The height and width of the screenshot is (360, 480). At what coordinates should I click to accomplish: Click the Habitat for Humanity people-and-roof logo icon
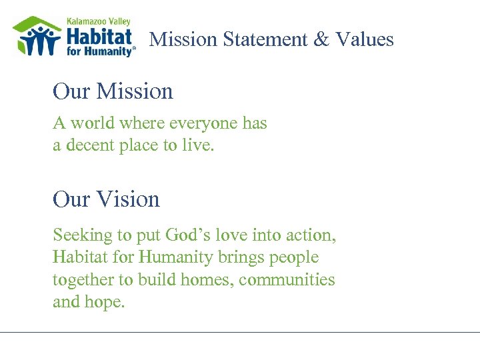click(x=37, y=36)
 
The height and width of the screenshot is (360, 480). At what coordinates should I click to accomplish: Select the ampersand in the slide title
click(x=321, y=39)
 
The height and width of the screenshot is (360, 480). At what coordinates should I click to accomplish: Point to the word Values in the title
click(x=365, y=39)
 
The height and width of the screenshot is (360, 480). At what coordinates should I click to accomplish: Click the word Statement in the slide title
click(x=265, y=39)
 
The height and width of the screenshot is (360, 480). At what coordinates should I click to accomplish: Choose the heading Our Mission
click(x=113, y=91)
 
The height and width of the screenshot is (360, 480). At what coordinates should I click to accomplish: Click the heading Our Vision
click(x=106, y=199)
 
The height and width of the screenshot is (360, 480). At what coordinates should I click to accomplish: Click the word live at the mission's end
click(x=198, y=145)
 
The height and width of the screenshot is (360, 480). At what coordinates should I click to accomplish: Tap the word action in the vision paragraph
click(x=311, y=235)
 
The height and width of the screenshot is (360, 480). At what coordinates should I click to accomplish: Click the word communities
click(x=287, y=280)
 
